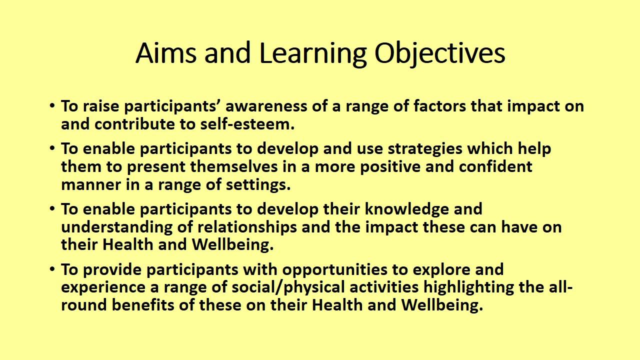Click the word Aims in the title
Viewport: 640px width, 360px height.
[x=166, y=53]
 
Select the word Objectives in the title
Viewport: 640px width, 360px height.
[x=440, y=55]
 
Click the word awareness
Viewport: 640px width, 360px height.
[x=266, y=106]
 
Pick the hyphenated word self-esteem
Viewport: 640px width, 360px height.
[x=247, y=124]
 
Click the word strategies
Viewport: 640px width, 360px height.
[x=425, y=149]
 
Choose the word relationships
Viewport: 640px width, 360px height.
[x=247, y=227]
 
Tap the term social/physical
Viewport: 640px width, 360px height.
[x=288, y=287]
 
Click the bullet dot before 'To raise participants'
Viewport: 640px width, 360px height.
[x=52, y=105]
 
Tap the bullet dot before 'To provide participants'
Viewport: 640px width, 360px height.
[x=52, y=269]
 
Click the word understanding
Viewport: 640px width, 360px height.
[x=117, y=227]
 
